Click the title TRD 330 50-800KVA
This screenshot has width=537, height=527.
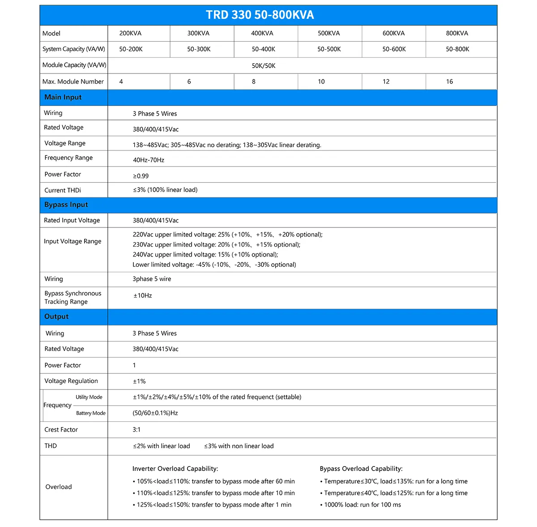point(260,15)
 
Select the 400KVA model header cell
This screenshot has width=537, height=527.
point(262,33)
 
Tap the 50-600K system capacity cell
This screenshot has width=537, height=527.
point(394,49)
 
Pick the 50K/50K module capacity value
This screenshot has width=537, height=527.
point(264,66)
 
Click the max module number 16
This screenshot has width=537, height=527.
point(449,81)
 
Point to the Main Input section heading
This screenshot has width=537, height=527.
point(63,97)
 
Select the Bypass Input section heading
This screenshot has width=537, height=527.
point(66,205)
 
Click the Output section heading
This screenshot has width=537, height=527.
point(56,317)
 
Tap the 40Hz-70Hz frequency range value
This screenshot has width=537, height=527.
point(149,160)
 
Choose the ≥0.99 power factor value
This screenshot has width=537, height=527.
point(141,176)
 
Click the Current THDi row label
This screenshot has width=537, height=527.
point(63,190)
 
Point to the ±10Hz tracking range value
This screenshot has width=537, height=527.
point(143,296)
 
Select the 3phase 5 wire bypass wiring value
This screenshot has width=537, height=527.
point(152,279)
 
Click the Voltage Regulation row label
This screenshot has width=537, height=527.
point(71,381)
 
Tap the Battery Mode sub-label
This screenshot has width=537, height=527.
point(91,413)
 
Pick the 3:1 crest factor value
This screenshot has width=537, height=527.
point(136,429)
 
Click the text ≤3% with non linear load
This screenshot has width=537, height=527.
point(239,446)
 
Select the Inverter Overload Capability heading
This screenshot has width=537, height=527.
point(175,469)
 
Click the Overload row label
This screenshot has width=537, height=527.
point(59,487)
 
